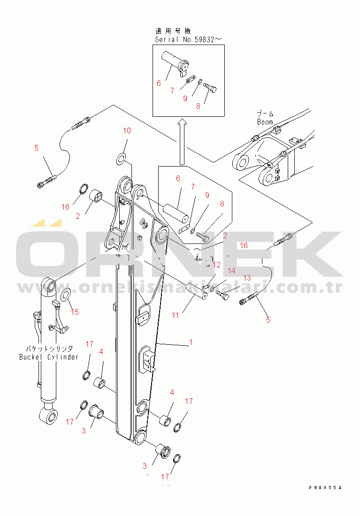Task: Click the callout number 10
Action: point(127,130)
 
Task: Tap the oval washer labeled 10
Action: point(121,159)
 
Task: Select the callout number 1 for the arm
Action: point(190,343)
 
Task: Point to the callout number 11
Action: point(175,315)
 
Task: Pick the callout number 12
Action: point(216,265)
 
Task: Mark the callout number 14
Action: point(231,271)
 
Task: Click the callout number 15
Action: point(75,311)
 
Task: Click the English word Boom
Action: point(265,122)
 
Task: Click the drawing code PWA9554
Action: point(325,488)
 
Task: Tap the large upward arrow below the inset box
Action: point(182,141)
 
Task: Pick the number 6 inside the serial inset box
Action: point(159,83)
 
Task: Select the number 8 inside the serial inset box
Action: point(198,106)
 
